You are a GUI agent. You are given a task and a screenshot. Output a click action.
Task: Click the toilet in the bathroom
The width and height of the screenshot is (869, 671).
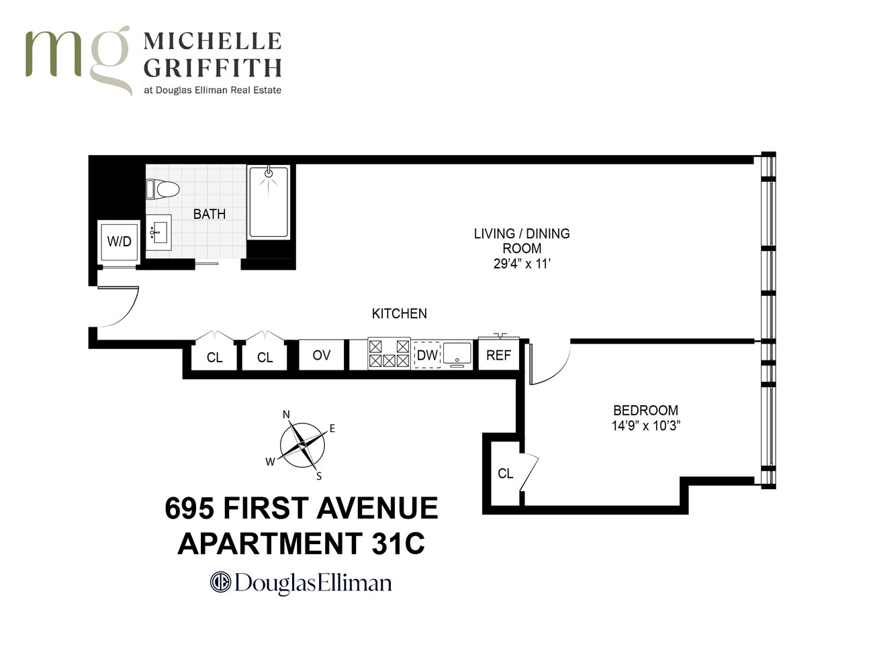pyautogui.click(x=163, y=189)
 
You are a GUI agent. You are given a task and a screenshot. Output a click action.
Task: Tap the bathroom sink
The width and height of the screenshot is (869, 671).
pyautogui.click(x=159, y=232)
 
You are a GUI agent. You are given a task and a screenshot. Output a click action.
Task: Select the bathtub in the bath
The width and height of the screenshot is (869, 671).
pyautogui.click(x=268, y=202)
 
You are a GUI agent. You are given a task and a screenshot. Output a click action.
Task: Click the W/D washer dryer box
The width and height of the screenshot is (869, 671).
pyautogui.click(x=119, y=241)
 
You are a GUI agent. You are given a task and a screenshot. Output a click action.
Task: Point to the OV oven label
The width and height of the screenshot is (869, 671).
pyautogui.click(x=321, y=355)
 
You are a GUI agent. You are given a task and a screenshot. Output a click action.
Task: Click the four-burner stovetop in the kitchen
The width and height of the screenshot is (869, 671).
pyautogui.click(x=389, y=354)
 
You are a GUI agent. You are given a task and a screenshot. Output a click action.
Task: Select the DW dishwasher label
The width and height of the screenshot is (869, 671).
pyautogui.click(x=427, y=355)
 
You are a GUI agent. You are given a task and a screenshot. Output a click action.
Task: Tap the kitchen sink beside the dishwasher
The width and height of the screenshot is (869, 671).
pyautogui.click(x=457, y=354)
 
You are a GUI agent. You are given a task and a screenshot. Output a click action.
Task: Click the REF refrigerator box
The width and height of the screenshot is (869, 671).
pyautogui.click(x=498, y=355)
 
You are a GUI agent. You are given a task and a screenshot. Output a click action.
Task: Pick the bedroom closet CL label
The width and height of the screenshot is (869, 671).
pyautogui.click(x=505, y=474)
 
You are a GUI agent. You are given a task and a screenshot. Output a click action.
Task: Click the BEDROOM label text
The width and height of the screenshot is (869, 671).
pyautogui.click(x=645, y=410)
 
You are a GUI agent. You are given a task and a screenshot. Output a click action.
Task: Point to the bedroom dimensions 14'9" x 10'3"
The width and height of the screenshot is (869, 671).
pyautogui.click(x=645, y=425)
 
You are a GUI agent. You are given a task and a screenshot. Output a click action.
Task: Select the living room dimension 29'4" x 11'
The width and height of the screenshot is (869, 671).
pyautogui.click(x=522, y=264)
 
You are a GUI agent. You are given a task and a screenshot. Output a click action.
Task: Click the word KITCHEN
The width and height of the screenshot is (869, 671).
pyautogui.click(x=399, y=313)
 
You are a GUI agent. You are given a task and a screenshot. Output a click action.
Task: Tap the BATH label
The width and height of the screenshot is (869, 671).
pyautogui.click(x=209, y=214)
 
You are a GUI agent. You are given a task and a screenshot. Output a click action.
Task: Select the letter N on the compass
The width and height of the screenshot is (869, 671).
pyautogui.click(x=286, y=415)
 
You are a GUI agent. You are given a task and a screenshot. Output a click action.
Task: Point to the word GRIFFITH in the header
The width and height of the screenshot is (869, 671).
pyautogui.click(x=212, y=68)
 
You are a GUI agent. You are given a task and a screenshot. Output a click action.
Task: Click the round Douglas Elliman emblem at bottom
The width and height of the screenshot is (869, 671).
pyautogui.click(x=220, y=582)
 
